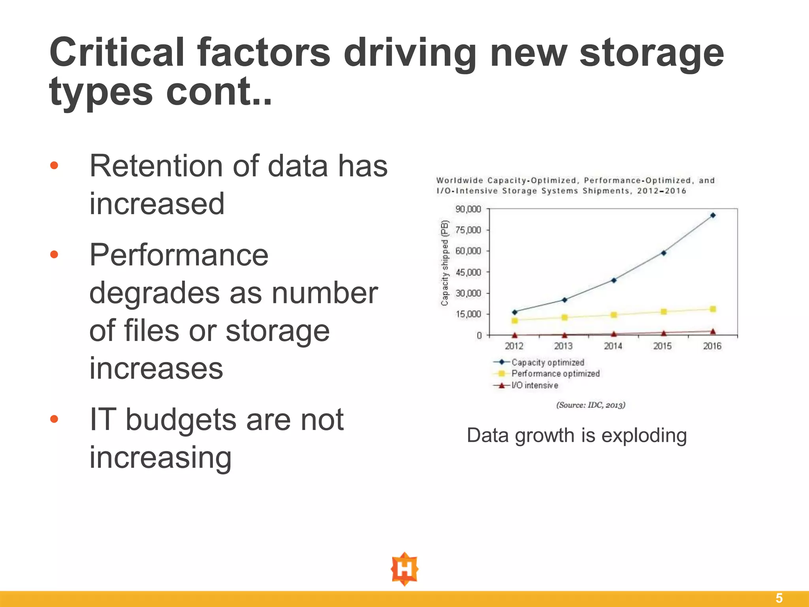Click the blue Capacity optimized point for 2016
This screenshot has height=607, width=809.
tap(713, 215)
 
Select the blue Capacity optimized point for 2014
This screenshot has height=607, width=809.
tap(614, 280)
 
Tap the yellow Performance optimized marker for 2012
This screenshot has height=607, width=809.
tap(515, 320)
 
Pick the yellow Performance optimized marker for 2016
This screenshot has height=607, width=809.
tap(713, 309)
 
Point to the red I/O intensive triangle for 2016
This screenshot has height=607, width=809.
tap(713, 332)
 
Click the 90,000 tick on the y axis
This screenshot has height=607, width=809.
tap(468, 209)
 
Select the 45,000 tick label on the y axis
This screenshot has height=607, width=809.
tap(468, 272)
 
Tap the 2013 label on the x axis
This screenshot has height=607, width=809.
tap(563, 346)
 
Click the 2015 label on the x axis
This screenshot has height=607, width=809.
tap(662, 346)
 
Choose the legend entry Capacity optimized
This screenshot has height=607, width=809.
tap(547, 362)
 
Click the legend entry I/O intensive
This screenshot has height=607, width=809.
tap(534, 385)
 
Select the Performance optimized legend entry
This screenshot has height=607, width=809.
tap(555, 374)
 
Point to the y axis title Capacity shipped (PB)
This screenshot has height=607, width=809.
tap(445, 263)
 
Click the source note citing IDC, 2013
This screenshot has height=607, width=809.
tap(591, 405)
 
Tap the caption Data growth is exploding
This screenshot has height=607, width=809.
tap(577, 435)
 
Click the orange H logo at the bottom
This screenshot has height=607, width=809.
tap(404, 569)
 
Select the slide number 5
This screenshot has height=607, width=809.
tap(779, 598)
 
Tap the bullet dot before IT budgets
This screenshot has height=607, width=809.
tap(54, 418)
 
